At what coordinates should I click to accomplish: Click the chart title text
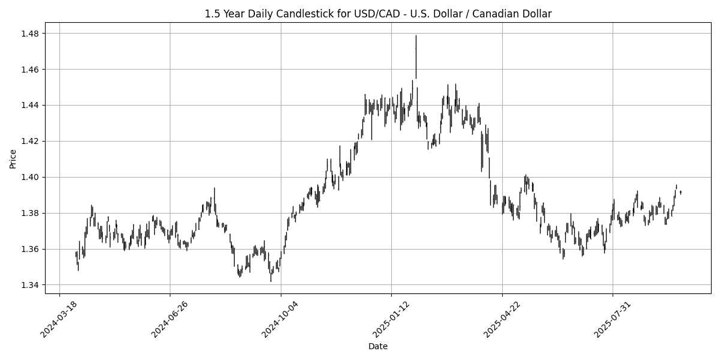[x=378, y=13]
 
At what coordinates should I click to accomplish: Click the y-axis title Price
[x=13, y=159]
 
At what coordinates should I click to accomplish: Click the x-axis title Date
[x=378, y=346]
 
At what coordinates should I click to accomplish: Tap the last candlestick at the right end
[x=680, y=192]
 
